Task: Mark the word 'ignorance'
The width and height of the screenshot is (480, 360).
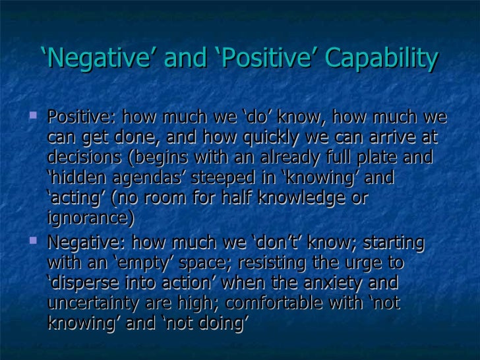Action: coord(90,218)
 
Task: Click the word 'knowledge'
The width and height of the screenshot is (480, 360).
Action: coord(298,198)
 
